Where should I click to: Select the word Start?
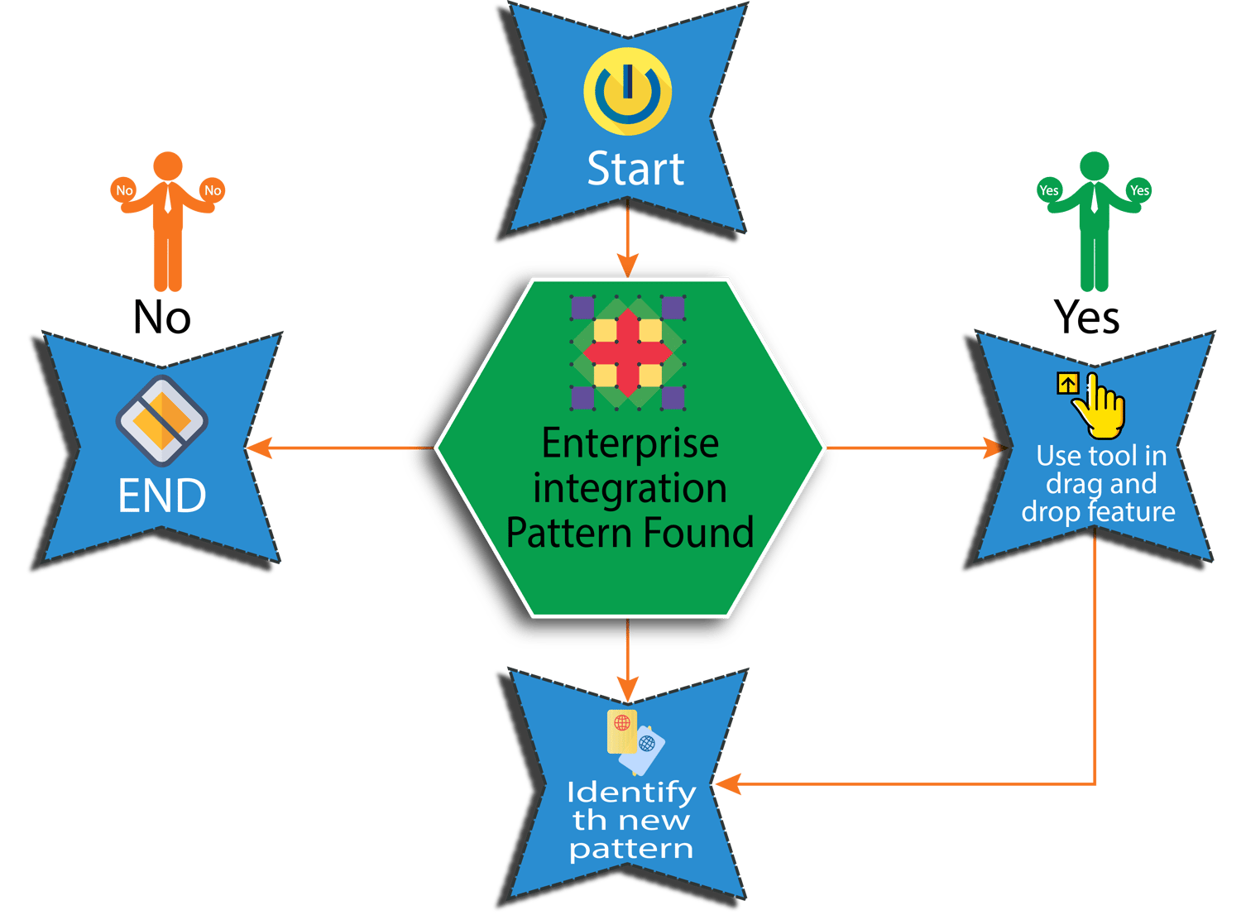point(635,170)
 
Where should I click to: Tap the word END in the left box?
point(162,496)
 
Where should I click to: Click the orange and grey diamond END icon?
point(161,420)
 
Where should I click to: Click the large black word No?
point(162,317)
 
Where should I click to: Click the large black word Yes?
point(1087,317)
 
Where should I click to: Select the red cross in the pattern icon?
point(628,352)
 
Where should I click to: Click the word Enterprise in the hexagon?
point(630,443)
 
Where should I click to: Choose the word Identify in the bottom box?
point(630,793)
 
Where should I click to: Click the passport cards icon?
point(635,740)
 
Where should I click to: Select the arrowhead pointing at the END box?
point(258,448)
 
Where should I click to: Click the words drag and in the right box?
point(1100,484)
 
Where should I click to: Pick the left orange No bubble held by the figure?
point(124,190)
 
